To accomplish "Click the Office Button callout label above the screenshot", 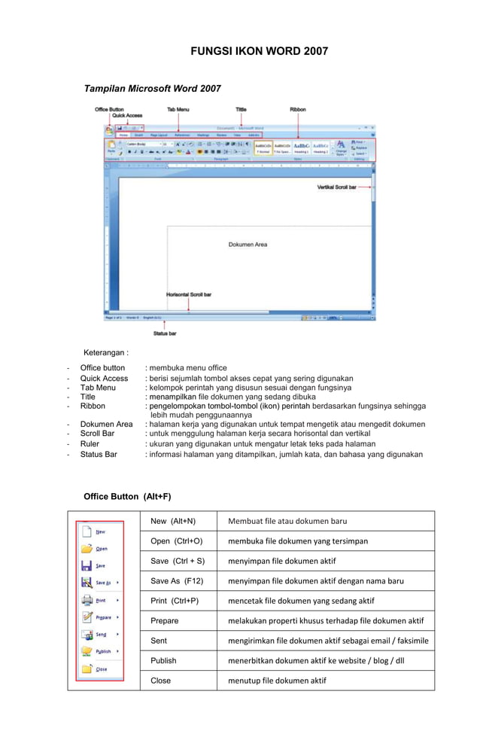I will (x=109, y=109).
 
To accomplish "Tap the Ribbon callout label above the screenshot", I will (x=298, y=109).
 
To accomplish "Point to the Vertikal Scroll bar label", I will (x=336, y=187).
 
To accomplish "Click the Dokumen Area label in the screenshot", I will (x=248, y=245).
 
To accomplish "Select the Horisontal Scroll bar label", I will (x=189, y=294).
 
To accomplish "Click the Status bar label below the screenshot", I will (x=165, y=333).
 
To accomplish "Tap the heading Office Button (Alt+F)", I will (x=127, y=497).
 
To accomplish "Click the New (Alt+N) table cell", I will (x=173, y=521).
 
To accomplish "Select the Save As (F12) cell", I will (x=178, y=580).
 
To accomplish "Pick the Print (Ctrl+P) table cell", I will (x=175, y=601).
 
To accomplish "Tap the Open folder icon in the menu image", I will (x=87, y=548).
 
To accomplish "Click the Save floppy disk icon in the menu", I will (x=87, y=565).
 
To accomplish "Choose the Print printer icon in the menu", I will (x=87, y=600).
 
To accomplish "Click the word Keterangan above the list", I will (x=106, y=352).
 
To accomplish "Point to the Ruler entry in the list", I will (x=90, y=444).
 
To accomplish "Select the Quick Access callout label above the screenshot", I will (x=122, y=116).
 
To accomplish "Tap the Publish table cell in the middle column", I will (x=163, y=660).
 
